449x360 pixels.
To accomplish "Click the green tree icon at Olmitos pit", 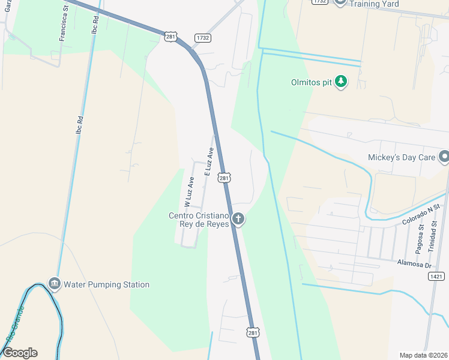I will click(x=341, y=80).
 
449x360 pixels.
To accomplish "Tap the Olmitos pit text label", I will click(x=310, y=81).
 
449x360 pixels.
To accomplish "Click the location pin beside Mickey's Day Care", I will click(x=444, y=157).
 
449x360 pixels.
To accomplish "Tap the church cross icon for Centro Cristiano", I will click(x=238, y=219).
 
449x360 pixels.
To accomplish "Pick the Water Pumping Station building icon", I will click(x=54, y=283).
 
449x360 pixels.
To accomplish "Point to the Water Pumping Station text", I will click(x=107, y=284).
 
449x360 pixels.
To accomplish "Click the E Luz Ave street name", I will click(x=209, y=161).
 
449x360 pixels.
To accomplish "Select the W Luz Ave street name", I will click(x=188, y=191).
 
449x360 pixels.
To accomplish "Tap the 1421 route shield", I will click(x=436, y=275).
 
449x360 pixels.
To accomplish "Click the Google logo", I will click(x=20, y=353).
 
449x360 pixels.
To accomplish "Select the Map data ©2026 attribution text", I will click(x=424, y=355).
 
